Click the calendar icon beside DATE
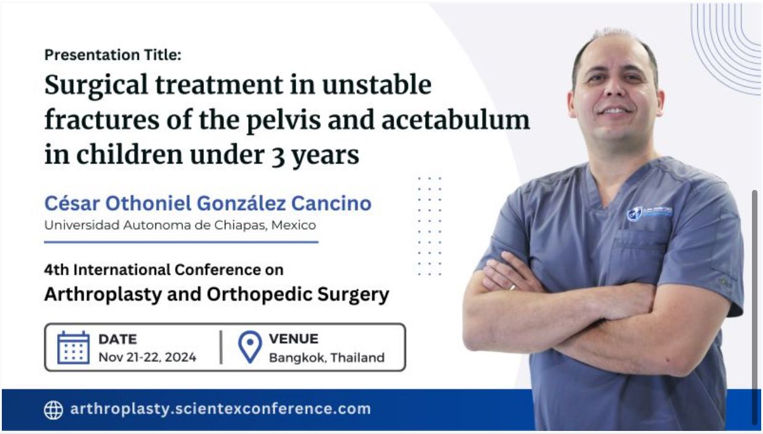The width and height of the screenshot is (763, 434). point(74,347)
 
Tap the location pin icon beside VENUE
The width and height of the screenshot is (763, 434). point(250,347)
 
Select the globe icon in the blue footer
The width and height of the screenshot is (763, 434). point(53,409)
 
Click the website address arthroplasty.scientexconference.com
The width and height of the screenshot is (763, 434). point(221,408)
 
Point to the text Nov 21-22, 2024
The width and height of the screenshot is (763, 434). point(147,357)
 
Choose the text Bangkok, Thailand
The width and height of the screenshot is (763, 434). point(327,358)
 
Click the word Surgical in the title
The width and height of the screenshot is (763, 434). point(96,85)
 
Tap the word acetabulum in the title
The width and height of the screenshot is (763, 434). point(456,120)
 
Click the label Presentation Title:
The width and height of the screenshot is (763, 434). point(113,55)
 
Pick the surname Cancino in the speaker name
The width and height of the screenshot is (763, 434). point(331,203)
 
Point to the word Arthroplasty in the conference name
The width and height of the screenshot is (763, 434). point(103,294)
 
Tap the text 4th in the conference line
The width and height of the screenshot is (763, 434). point(56,270)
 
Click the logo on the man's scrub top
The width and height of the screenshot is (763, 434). point(649,213)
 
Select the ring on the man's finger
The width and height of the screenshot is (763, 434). point(512,288)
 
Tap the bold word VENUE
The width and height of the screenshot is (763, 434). point(294,339)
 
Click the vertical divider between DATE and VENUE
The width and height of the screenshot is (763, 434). point(221,347)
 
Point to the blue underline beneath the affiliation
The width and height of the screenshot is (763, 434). point(181,242)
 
